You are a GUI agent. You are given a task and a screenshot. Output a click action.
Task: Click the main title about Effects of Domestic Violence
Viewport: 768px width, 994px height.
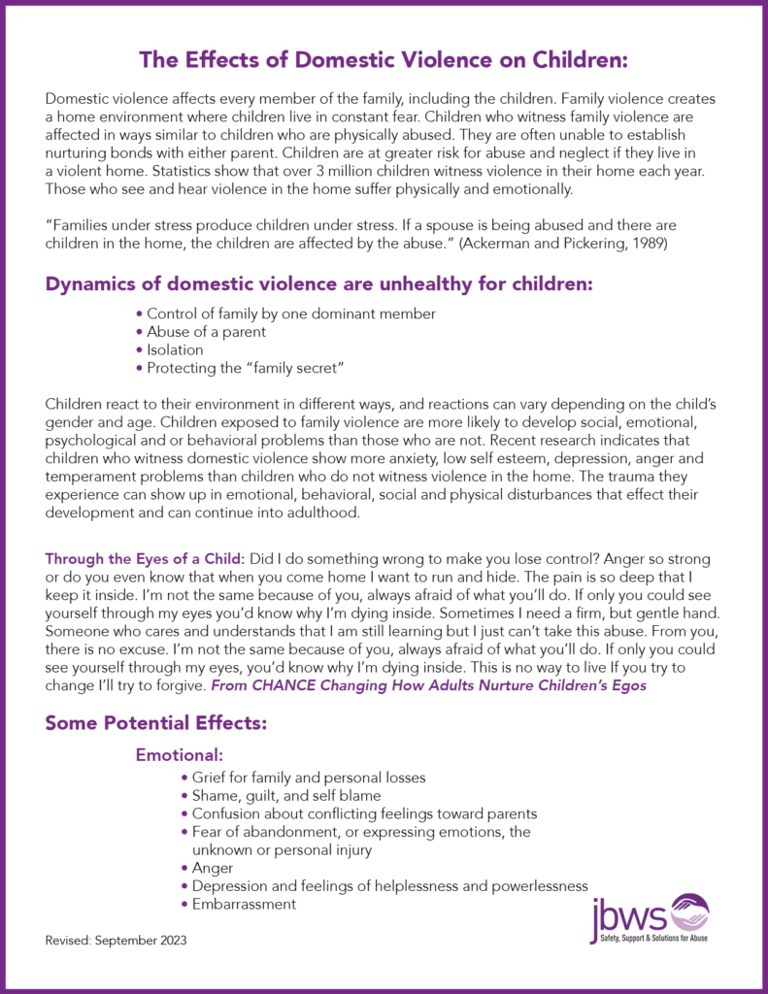tap(384, 60)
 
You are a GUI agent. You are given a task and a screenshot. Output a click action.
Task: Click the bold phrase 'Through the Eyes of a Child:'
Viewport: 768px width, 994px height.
tap(145, 560)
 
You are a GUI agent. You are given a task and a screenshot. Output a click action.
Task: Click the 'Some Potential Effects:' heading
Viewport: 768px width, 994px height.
tap(155, 723)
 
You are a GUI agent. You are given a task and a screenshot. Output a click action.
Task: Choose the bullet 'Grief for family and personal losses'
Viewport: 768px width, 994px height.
tap(304, 778)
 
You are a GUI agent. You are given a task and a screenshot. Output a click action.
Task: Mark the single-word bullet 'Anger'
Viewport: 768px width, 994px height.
tap(213, 868)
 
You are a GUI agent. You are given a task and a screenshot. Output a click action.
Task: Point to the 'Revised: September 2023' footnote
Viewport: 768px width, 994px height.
tap(116, 942)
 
